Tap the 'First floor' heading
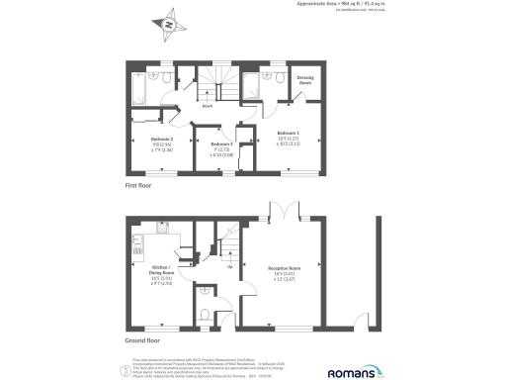pyautogui.click(x=141, y=185)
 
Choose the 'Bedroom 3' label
pyautogui.click(x=221, y=144)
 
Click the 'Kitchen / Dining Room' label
pyautogui.click(x=162, y=269)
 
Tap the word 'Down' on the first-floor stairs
pyautogui.click(x=209, y=104)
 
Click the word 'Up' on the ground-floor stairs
pyautogui.click(x=230, y=266)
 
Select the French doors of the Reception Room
pyautogui.click(x=285, y=211)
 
